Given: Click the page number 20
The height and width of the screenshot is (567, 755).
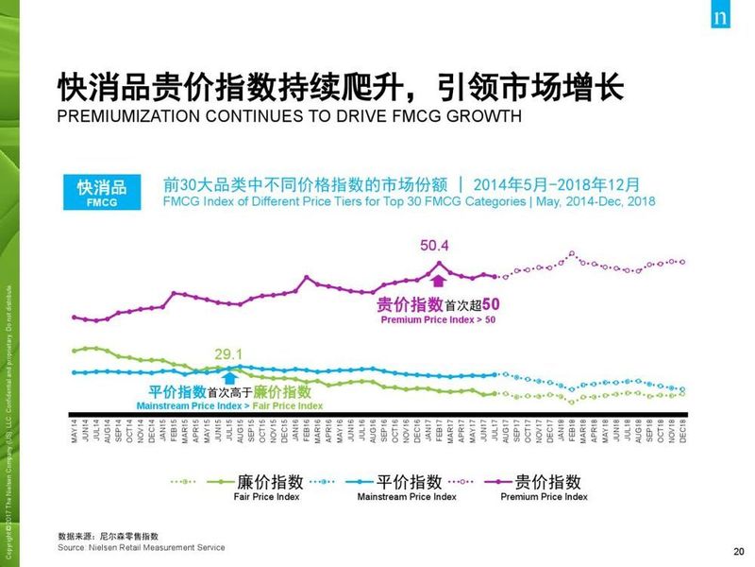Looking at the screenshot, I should (x=738, y=552).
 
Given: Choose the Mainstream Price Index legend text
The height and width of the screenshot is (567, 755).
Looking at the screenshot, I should (x=406, y=496).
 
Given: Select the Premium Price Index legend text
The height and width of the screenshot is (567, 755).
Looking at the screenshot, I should (x=544, y=496).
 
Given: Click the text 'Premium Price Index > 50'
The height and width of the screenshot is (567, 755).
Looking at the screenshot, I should (x=438, y=320).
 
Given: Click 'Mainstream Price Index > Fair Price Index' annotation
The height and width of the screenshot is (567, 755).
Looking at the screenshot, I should (x=229, y=405).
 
